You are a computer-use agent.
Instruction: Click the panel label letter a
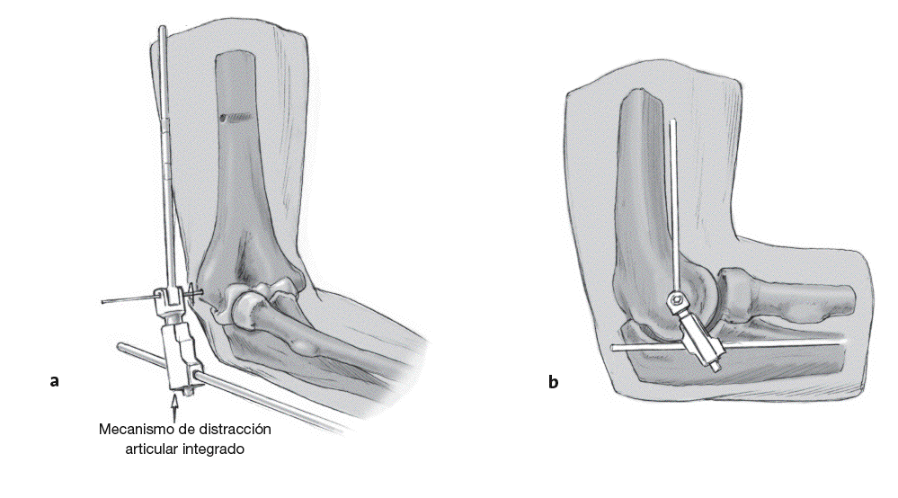click(55, 381)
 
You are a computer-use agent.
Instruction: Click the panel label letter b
click(553, 382)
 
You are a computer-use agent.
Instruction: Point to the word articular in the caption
click(152, 448)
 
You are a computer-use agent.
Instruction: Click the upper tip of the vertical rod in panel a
click(162, 30)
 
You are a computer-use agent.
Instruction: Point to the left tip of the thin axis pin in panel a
click(103, 301)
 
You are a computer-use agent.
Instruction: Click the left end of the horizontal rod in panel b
click(613, 346)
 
